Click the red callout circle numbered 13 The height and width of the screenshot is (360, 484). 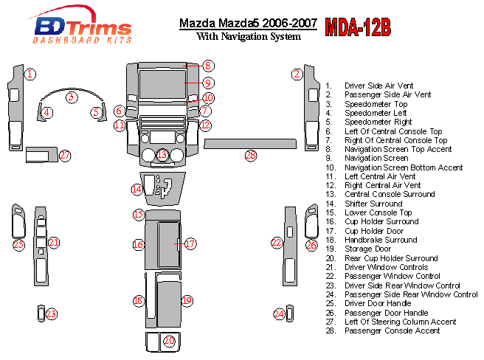point(162,154)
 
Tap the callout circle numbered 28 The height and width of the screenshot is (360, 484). point(251,156)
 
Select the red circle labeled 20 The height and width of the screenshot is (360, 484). point(170,341)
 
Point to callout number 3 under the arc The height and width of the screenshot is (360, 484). point(72,97)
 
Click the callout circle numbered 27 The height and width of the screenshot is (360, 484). point(65,156)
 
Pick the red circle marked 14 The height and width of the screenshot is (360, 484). point(136,190)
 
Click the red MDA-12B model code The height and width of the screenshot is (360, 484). point(358,27)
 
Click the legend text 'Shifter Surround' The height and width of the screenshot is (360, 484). point(373,204)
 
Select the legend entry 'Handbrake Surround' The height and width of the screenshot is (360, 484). point(381,240)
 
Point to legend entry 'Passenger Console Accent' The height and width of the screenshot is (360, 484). point(392,330)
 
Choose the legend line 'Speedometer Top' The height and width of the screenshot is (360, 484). point(376,104)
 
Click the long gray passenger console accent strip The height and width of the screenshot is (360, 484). point(250,144)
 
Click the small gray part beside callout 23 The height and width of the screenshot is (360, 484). point(41,314)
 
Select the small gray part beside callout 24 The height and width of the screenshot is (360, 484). point(289,314)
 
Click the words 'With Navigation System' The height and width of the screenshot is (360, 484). point(249,36)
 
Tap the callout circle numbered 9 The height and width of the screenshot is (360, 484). point(208,83)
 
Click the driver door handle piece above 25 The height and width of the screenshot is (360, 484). point(18,221)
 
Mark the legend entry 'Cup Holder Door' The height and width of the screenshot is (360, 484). point(374,231)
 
